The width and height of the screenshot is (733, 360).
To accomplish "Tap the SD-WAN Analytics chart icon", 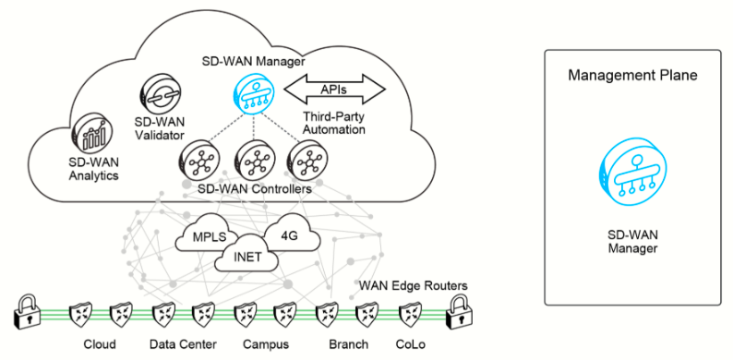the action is point(91,133).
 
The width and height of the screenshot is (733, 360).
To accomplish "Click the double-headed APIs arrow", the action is point(334,89).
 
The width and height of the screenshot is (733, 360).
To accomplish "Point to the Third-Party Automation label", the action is point(334,123).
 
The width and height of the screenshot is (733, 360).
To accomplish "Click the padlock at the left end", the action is point(26,311).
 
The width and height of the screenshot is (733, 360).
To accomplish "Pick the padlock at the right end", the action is point(460,312).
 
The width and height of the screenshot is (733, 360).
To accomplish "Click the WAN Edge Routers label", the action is point(414,285).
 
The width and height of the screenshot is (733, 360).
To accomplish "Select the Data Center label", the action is point(183,345).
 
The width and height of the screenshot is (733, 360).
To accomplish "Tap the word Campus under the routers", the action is point(266,345).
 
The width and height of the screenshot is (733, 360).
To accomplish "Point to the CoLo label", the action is point(411,345).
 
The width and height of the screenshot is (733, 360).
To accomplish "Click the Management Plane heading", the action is point(632,76).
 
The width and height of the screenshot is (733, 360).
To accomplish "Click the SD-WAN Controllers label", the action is point(254,190).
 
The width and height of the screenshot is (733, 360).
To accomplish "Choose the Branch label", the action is point(349,345).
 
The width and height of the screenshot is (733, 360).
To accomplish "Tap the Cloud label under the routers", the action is point(100,345).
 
